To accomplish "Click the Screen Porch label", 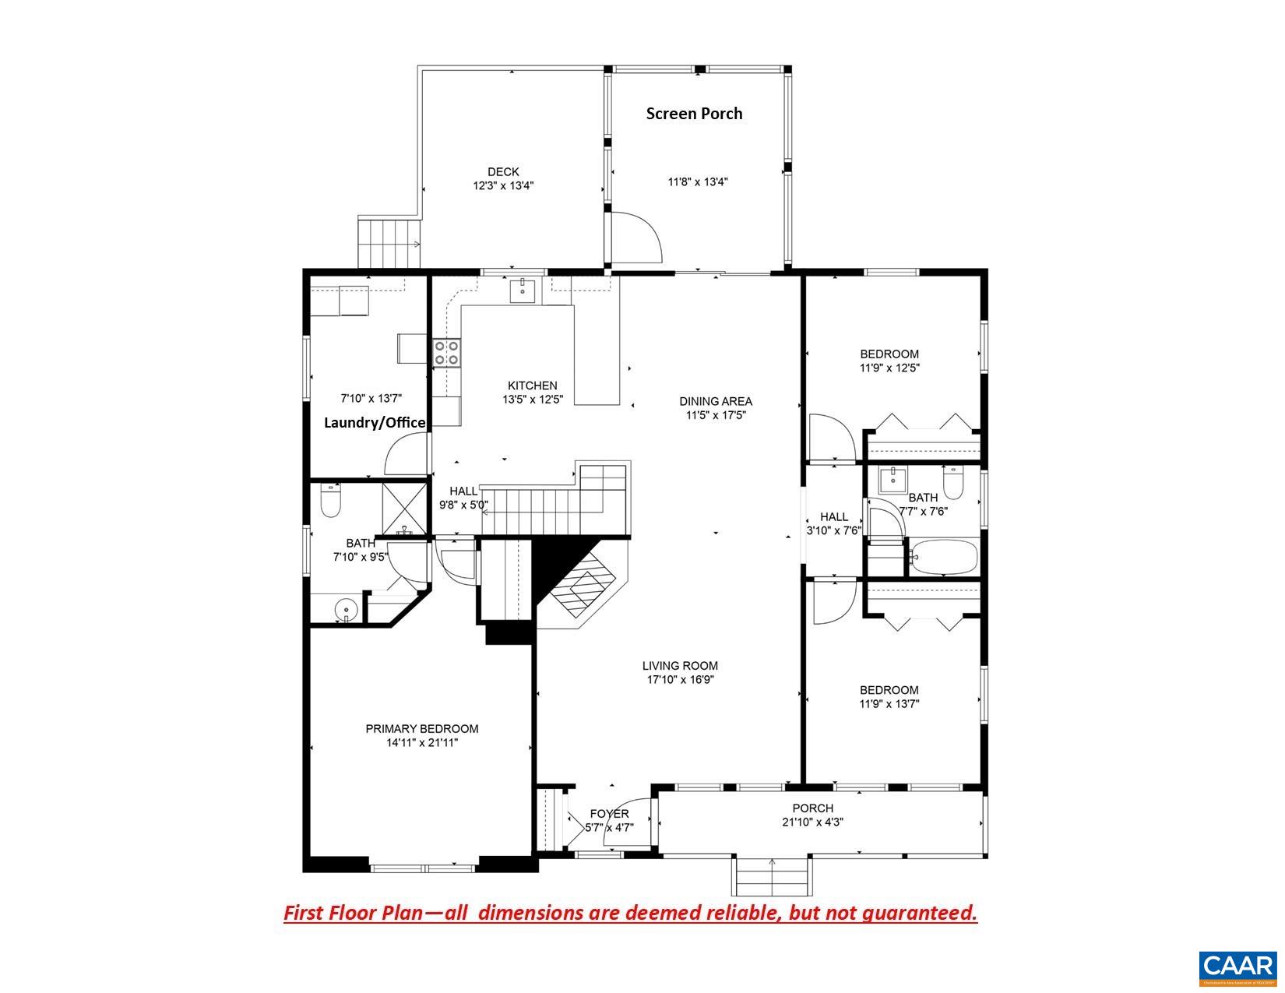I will [694, 114].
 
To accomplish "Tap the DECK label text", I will [503, 172].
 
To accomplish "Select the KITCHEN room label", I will [533, 386].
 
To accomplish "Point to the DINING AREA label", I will [716, 402].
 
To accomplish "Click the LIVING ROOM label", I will [680, 666].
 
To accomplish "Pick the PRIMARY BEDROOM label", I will [422, 729].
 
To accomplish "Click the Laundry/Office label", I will [375, 423].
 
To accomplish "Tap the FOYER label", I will [609, 814].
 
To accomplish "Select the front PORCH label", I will [813, 808].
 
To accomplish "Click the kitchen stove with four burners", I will [447, 353].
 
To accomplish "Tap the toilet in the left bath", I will [332, 501].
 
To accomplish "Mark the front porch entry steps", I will [771, 877].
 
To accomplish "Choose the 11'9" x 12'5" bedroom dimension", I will [889, 368].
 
